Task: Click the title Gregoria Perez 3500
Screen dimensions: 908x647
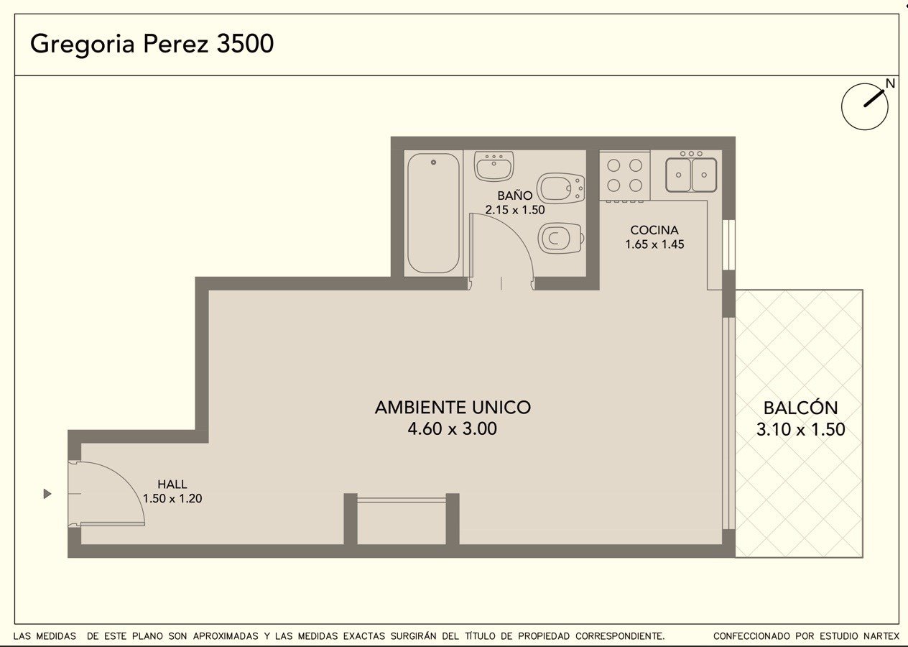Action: [x=152, y=45]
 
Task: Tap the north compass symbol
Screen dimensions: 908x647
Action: [x=865, y=106]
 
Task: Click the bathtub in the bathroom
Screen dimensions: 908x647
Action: [x=433, y=213]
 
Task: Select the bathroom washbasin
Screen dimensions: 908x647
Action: [x=494, y=165]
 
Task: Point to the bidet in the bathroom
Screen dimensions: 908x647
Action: [x=560, y=188]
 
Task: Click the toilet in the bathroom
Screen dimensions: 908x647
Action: [x=561, y=238]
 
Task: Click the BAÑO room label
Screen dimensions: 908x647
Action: [x=515, y=196]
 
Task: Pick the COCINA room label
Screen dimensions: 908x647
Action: [x=654, y=230]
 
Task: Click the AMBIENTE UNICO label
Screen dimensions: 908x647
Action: [x=453, y=408]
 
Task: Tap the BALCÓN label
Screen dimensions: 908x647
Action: [x=800, y=408]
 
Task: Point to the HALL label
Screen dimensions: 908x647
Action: [x=172, y=484]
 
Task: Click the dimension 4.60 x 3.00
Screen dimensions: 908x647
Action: [x=453, y=428]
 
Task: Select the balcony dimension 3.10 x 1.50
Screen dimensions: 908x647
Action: [x=800, y=429]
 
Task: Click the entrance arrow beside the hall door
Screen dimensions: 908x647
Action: [x=47, y=494]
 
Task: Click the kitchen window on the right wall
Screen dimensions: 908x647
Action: [x=728, y=244]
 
